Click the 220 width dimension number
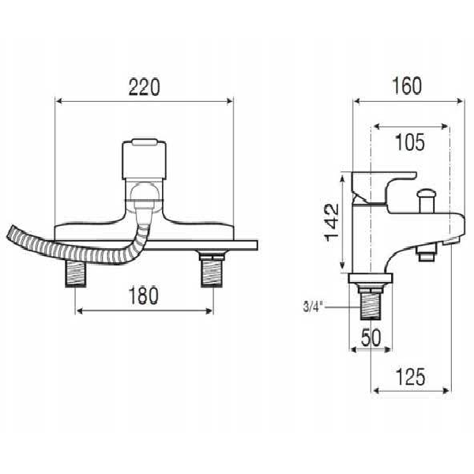coord(144,86)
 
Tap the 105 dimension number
coord(409,141)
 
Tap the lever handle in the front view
coord(144,158)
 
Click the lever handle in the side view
coord(383,182)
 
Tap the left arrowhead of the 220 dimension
coord(58,100)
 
